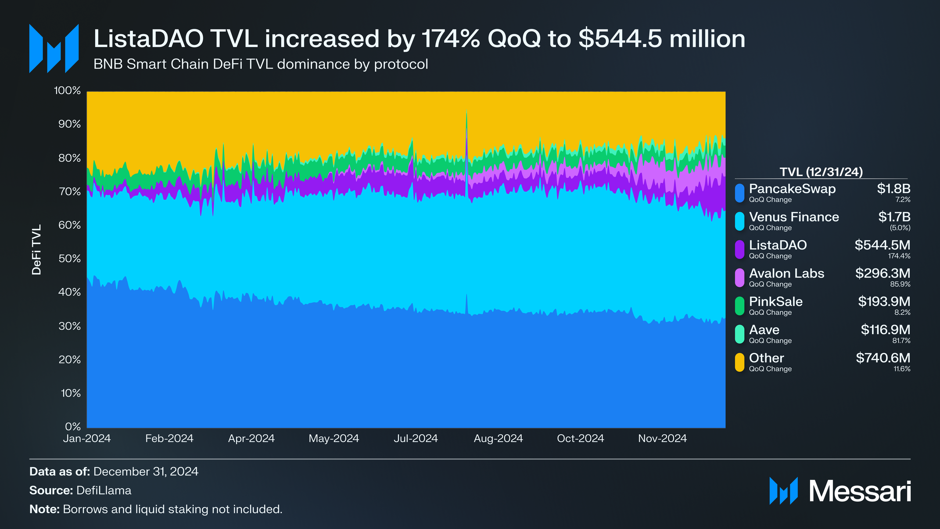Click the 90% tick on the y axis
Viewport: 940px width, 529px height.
70,124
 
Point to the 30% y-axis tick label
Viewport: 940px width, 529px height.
70,326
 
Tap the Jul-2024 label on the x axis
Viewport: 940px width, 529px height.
416,439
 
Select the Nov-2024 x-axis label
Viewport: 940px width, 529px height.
662,439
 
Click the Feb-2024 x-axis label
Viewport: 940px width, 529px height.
169,439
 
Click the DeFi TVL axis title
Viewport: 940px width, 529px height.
36,250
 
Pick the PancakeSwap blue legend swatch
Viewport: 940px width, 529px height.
739,193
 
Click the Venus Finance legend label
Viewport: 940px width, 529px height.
794,217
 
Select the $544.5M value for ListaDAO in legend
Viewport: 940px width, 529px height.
882,245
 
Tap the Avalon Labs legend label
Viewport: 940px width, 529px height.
786,273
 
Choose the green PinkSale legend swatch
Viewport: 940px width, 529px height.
739,306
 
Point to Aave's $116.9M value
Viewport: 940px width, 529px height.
885,330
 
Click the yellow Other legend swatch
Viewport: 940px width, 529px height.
739,362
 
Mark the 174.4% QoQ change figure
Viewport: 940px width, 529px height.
899,256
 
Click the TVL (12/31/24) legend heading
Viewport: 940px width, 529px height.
821,172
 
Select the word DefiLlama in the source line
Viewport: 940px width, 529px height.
104,490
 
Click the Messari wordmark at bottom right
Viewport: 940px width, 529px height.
860,491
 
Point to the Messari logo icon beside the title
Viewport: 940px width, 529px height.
54,48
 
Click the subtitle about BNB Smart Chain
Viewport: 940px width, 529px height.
261,64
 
